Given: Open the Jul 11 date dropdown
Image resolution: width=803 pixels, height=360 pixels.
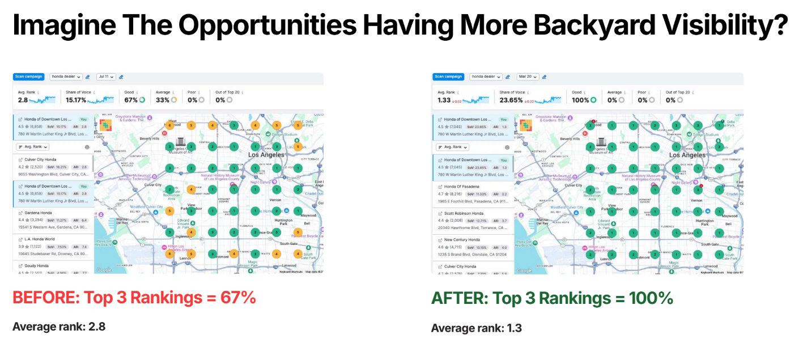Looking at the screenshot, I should (x=106, y=77).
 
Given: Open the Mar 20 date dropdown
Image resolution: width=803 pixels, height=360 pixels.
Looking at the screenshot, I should (x=525, y=77).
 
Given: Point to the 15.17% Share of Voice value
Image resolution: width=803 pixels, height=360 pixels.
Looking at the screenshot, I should (x=76, y=100).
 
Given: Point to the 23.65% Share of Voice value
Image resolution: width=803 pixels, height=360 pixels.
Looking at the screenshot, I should (x=496, y=100).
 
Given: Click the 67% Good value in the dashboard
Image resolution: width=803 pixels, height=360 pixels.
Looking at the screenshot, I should (x=131, y=100).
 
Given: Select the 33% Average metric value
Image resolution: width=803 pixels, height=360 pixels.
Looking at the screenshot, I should (x=162, y=100).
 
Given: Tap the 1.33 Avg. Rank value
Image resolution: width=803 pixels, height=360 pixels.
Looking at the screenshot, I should (x=444, y=100).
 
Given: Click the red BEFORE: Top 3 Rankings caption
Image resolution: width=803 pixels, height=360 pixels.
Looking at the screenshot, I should (x=134, y=298).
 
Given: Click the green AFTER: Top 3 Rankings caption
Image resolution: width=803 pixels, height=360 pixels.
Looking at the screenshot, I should (x=552, y=298).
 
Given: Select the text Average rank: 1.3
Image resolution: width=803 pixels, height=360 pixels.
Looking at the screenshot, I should (x=476, y=328).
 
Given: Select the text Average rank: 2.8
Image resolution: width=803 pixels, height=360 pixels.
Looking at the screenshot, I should (x=58, y=327).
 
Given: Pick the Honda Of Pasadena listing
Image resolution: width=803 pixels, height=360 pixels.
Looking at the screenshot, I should (x=461, y=187).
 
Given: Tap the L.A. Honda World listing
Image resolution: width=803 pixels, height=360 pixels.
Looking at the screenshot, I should (x=40, y=239).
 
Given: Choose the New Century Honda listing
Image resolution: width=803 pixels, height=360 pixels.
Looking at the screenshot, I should (x=462, y=240).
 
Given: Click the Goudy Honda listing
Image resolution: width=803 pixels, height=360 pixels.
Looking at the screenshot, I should (x=37, y=266).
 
